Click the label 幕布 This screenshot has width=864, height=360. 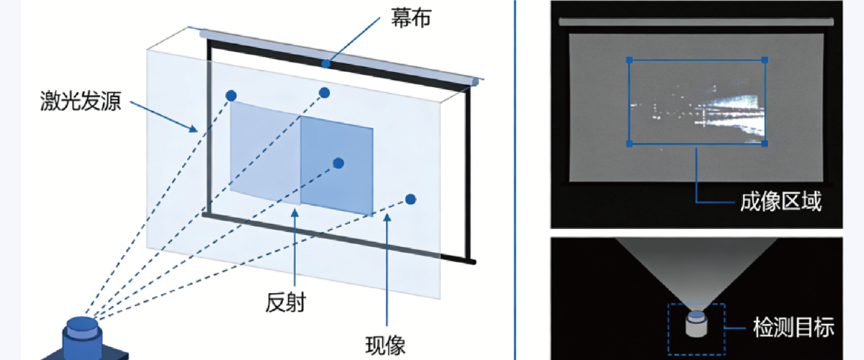(411, 18)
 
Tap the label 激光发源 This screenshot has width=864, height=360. (81, 101)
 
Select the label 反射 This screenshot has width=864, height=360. (285, 302)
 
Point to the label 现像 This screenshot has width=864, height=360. (385, 345)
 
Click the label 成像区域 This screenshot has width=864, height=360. (780, 202)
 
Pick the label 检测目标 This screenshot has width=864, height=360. (793, 328)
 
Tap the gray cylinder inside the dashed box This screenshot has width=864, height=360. (696, 324)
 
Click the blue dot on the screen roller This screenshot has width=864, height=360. (326, 63)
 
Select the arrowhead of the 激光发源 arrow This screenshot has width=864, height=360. (193, 128)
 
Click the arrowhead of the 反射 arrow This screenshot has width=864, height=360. (294, 212)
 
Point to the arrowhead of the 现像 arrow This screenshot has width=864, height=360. (387, 217)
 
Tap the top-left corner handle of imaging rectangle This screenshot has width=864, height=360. (629, 60)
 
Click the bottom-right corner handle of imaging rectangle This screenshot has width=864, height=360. (765, 143)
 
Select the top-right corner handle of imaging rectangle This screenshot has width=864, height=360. (765, 60)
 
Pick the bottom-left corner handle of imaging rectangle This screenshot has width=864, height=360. (629, 144)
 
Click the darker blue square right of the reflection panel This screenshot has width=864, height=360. (337, 166)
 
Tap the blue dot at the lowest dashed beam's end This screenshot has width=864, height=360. (411, 199)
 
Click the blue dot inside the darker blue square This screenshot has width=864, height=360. (338, 163)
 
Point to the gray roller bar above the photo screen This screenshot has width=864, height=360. (696, 22)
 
